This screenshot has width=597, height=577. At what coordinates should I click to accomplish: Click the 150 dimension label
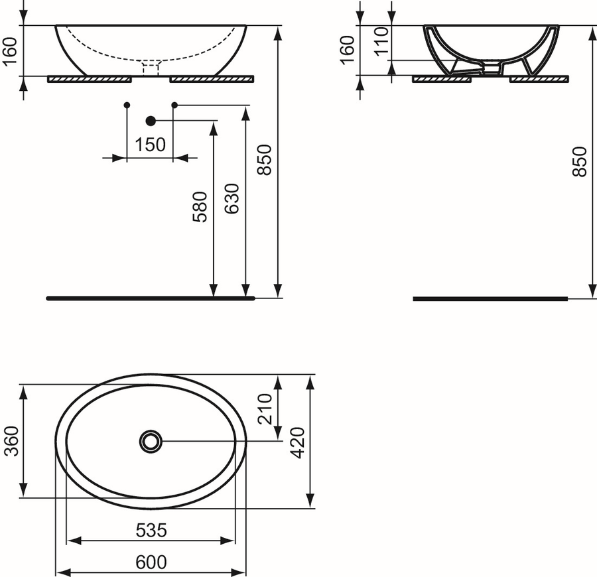[x=151, y=145]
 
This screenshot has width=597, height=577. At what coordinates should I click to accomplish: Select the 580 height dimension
[x=200, y=207]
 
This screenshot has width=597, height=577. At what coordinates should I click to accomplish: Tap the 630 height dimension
[x=232, y=199]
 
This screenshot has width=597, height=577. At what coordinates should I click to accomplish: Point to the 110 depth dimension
[x=382, y=42]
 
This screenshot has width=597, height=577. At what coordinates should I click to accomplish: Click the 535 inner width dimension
[x=151, y=530]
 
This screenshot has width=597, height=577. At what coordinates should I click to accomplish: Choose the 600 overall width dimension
[x=151, y=562]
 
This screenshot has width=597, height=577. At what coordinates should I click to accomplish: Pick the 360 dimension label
[x=11, y=441]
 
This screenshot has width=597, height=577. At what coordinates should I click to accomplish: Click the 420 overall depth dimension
[x=297, y=442]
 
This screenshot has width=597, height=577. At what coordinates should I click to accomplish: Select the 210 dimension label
[x=265, y=409]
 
